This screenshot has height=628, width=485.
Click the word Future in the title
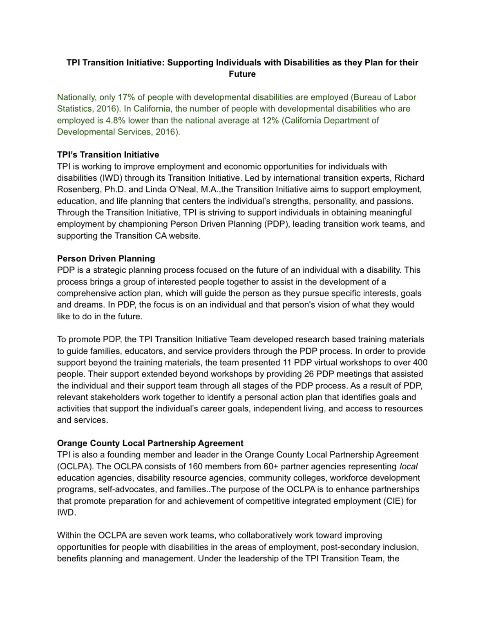pos(242,74)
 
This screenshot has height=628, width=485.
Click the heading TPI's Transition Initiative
pos(108,155)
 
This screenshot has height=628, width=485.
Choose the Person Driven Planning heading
pos(106,258)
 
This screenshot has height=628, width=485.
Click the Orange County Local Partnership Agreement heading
pos(150,443)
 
